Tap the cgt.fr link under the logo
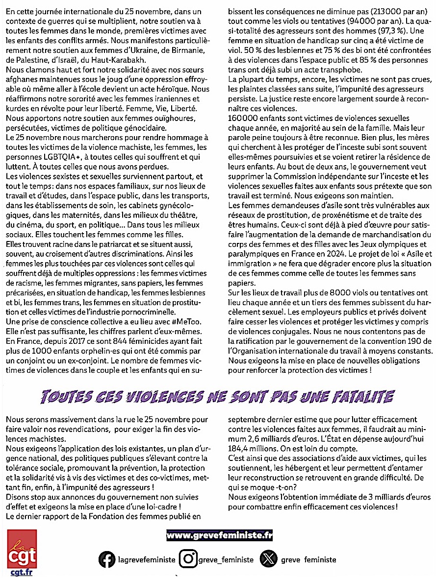click(x=22, y=572)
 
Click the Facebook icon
click(x=107, y=559)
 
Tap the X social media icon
click(x=268, y=559)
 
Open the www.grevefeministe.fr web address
click(x=219, y=535)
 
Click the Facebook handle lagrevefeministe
click(x=147, y=559)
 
